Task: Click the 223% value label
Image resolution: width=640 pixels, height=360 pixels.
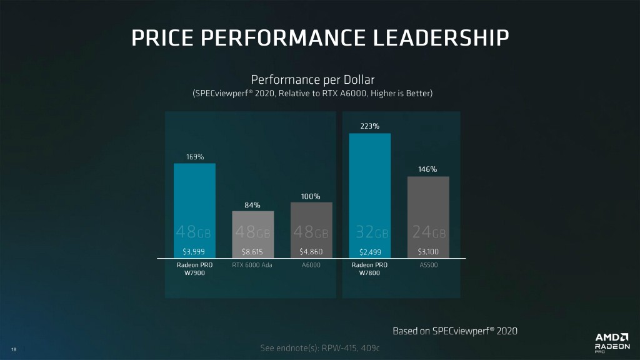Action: (369, 126)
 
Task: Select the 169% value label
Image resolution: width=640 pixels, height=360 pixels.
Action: (194, 157)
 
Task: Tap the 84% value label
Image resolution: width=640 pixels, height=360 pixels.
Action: (252, 205)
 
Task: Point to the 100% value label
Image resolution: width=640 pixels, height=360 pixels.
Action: (311, 196)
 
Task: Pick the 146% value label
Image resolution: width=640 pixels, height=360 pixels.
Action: (427, 169)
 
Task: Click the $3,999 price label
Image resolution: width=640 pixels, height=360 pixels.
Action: (194, 252)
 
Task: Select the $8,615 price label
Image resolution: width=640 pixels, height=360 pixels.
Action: (252, 252)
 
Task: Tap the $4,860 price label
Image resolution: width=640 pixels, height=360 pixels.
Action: (311, 252)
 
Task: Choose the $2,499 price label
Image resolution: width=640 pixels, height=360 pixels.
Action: (369, 252)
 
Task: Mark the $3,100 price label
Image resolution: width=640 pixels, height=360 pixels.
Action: (427, 252)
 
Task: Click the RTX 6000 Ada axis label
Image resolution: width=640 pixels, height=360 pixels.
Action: (252, 265)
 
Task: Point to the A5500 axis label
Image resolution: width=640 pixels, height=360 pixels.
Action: (427, 265)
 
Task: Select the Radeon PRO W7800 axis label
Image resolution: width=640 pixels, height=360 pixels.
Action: (369, 269)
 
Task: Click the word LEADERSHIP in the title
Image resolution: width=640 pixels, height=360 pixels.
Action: (441, 37)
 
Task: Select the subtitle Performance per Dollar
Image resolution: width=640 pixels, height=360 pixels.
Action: (312, 80)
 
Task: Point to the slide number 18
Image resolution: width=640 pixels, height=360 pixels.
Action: (14, 349)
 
